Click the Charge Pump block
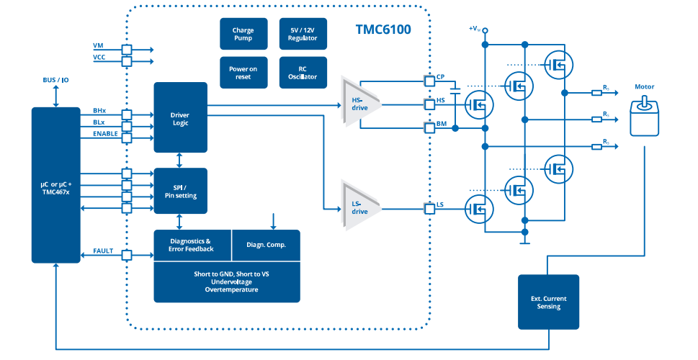point(243,35)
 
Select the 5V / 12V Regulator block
point(303,35)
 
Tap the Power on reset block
point(243,73)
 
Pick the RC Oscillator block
point(303,73)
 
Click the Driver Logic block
point(180,117)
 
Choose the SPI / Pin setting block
point(180,191)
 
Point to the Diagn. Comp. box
point(266,245)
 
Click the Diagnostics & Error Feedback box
point(192,245)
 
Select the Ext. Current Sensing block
point(548,302)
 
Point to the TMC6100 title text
point(384,30)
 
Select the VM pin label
point(99,45)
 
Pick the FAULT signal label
point(104,251)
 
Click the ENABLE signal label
point(105,134)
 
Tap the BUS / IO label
point(55,80)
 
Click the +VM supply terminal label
point(474,29)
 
